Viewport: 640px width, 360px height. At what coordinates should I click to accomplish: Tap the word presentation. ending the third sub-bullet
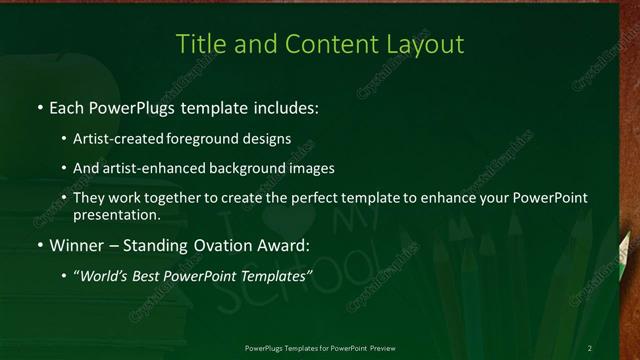[116, 214]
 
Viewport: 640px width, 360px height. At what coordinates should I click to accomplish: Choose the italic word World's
[106, 275]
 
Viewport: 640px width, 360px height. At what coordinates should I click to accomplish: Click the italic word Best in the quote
[149, 275]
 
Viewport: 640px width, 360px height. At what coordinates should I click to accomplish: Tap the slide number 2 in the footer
[589, 348]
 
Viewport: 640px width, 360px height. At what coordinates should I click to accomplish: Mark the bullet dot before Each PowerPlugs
[39, 107]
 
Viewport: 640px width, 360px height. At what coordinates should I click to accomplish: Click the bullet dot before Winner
[39, 245]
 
